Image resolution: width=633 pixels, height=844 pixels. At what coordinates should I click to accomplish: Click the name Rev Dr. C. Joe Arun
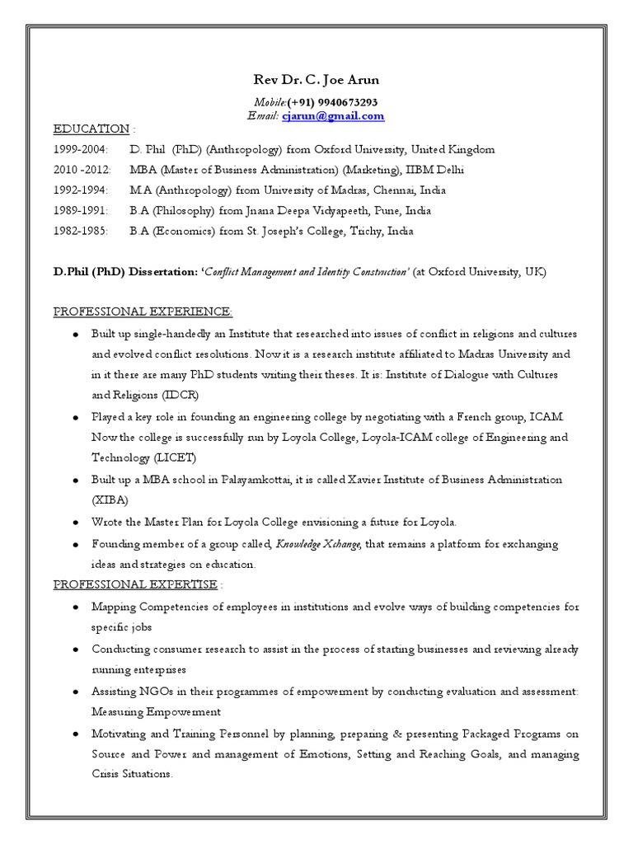(316, 80)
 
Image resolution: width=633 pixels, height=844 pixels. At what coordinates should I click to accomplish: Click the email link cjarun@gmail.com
(333, 116)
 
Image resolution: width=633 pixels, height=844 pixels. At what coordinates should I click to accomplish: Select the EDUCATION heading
(91, 129)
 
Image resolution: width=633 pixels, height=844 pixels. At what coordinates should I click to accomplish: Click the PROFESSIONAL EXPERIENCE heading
(143, 312)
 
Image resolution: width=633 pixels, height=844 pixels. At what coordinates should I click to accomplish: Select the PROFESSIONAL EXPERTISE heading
(135, 584)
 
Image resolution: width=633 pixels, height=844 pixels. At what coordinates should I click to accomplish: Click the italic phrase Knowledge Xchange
(318, 545)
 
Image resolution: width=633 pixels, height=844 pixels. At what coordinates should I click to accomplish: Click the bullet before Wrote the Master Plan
(75, 523)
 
